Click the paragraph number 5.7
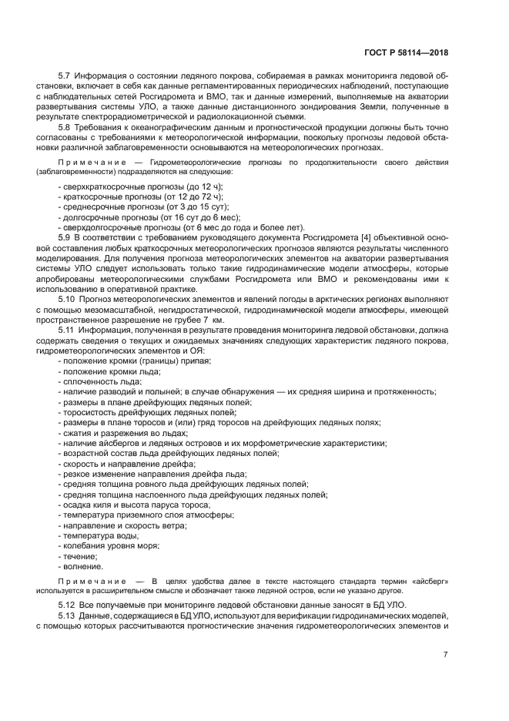pos(65,77)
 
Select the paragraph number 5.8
pos(65,126)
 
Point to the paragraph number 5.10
pos(68,298)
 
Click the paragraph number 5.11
pos(68,329)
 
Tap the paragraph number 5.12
pos(68,605)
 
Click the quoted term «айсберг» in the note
pos(428,579)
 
